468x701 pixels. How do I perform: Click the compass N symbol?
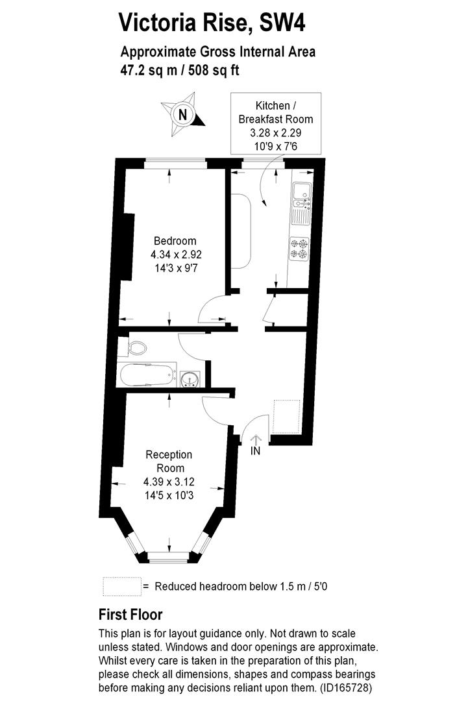(183, 115)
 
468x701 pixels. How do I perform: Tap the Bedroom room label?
(171, 241)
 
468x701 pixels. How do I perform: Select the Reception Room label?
(169, 461)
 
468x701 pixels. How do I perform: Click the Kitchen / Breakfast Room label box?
(275, 126)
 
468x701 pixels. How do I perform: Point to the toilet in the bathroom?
(137, 347)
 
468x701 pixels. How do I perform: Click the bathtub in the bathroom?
(147, 375)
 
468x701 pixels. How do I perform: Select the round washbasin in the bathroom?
(190, 377)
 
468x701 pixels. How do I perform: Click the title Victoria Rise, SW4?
(211, 23)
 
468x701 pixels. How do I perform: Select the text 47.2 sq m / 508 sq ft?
(180, 69)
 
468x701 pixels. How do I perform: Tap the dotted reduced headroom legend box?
(121, 586)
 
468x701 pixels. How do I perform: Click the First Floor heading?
(130, 614)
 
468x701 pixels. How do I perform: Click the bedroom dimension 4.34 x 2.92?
(171, 254)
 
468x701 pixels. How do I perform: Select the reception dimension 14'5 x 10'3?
(169, 495)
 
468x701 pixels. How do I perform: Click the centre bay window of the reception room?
(169, 556)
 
